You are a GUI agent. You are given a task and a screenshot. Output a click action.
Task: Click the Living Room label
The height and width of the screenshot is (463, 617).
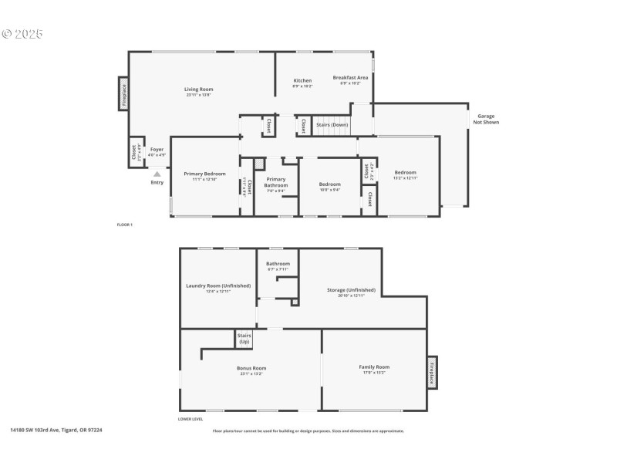[x=198, y=90]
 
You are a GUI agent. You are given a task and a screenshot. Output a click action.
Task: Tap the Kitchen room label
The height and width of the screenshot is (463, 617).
[x=302, y=81]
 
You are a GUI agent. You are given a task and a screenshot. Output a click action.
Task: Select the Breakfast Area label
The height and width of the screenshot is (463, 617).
[x=350, y=78]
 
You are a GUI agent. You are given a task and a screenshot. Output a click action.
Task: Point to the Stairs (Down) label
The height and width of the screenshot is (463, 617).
[x=332, y=124]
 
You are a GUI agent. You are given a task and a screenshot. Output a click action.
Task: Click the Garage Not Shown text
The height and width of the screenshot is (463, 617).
[x=485, y=118]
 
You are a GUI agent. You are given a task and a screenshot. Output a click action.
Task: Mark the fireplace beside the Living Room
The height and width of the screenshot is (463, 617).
[x=123, y=93]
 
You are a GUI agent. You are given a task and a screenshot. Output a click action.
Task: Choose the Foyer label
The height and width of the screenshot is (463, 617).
[x=157, y=149]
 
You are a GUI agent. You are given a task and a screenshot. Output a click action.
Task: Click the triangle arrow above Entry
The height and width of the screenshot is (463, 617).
[x=157, y=174]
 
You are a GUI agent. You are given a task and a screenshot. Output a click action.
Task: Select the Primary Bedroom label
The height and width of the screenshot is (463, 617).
[x=204, y=174]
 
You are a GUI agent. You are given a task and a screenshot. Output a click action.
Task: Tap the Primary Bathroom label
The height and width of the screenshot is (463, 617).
[x=276, y=183]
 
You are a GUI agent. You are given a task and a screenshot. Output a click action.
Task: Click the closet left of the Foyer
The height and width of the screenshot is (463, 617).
[x=134, y=151]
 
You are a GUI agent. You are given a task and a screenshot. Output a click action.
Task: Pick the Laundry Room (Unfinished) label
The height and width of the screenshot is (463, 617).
[x=218, y=286]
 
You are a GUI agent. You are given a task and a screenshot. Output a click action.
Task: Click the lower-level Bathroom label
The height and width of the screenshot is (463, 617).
[x=278, y=264]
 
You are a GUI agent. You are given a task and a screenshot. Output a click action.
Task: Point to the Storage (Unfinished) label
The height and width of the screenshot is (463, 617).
[x=351, y=290]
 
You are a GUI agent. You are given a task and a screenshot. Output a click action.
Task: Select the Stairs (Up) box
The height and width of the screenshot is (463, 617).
[x=244, y=338]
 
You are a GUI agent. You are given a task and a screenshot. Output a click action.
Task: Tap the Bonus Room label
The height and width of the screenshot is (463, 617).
[x=251, y=368]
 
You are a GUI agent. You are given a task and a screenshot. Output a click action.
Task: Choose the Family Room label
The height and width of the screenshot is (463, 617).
[x=374, y=367]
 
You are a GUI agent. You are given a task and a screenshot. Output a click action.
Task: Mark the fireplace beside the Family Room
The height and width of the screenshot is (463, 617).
[x=432, y=373]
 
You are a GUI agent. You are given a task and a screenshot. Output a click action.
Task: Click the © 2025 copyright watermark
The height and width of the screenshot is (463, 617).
[x=22, y=34]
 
